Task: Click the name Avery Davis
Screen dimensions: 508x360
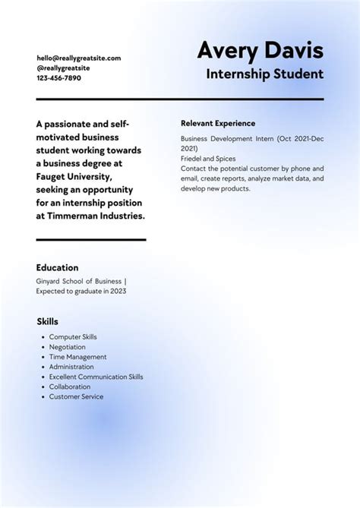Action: (260, 51)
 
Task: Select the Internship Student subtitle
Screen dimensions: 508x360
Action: (264, 74)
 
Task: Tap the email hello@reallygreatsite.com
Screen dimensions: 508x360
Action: (78, 58)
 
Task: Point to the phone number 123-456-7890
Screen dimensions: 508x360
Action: (58, 77)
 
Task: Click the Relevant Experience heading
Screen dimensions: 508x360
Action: (218, 123)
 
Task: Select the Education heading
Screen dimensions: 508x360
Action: (57, 267)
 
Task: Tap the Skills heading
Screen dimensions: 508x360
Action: (47, 321)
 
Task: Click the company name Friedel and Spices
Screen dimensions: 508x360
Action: (208, 159)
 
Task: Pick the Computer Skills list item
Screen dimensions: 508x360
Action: (73, 337)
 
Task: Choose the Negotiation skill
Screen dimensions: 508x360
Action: (68, 347)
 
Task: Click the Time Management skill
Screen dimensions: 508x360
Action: (77, 357)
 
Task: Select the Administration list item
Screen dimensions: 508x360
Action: (71, 367)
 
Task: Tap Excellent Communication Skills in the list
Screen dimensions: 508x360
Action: (96, 377)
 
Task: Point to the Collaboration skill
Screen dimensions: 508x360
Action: (70, 387)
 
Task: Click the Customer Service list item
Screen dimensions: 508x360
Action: (76, 396)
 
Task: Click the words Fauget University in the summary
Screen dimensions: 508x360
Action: (74, 176)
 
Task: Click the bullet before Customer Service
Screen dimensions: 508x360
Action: (41, 396)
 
